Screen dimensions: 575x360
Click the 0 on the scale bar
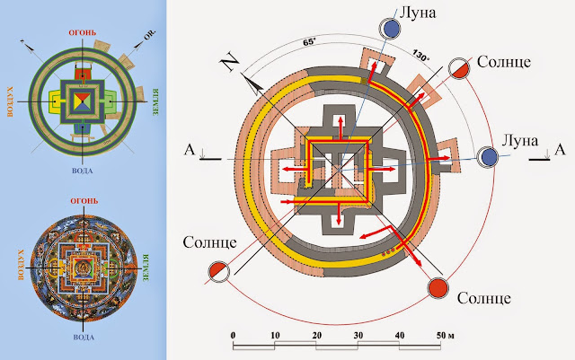point(233,335)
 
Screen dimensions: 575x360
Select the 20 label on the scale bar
point(316,335)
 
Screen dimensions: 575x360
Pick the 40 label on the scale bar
point(399,335)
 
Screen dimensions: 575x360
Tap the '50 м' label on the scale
point(445,335)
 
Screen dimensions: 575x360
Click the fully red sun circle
point(438,289)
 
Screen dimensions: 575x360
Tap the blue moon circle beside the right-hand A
point(490,157)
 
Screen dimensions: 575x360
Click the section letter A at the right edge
point(558,148)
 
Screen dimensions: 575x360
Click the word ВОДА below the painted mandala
point(88,337)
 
